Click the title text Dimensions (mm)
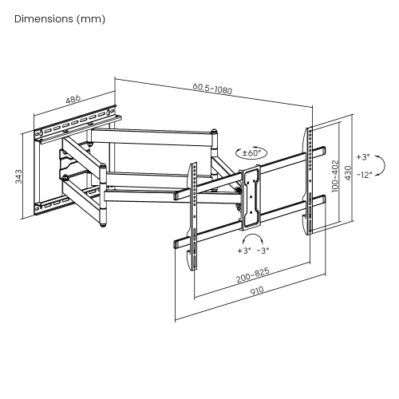[60, 18]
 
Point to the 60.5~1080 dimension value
[211, 90]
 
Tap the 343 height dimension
[18, 177]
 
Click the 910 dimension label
[256, 291]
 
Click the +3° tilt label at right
[364, 157]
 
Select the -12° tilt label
[364, 174]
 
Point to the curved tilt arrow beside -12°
[381, 166]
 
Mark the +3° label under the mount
[243, 250]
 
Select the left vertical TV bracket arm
[192, 215]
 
